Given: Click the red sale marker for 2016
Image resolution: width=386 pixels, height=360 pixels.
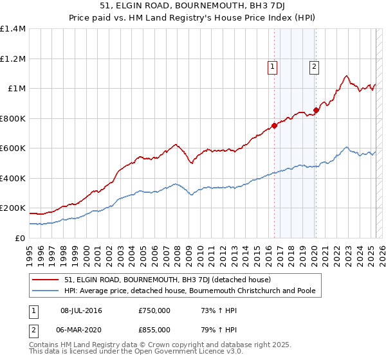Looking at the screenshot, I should click(x=275, y=125).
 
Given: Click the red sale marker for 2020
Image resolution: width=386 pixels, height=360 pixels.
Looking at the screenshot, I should click(x=316, y=110).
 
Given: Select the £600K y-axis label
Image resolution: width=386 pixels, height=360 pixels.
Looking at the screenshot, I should click(x=13, y=148).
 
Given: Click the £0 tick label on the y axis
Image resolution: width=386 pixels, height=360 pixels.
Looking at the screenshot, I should click(x=21, y=238).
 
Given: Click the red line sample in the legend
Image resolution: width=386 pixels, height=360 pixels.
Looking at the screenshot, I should click(x=45, y=280).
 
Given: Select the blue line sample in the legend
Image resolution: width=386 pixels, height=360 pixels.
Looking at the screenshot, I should click(x=45, y=291).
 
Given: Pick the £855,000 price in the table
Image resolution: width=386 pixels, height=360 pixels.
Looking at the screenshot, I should click(x=154, y=329).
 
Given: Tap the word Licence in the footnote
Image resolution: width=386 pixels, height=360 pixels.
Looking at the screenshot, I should click(x=183, y=352).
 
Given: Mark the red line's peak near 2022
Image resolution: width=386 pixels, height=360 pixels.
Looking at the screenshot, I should click(x=347, y=76).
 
